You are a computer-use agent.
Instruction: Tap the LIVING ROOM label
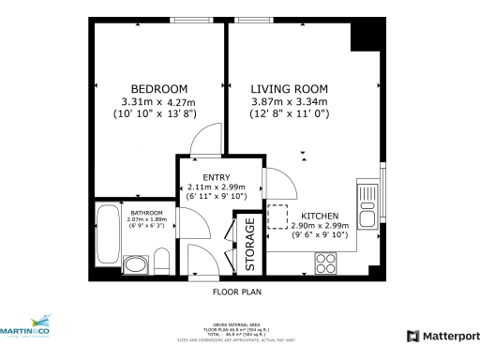(288, 88)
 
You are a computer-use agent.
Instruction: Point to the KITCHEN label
(320, 214)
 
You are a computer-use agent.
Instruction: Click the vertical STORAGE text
(250, 246)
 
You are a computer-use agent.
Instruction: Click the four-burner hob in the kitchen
(327, 261)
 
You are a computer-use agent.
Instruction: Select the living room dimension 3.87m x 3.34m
(288, 101)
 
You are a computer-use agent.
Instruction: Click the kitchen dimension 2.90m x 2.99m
(320, 225)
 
